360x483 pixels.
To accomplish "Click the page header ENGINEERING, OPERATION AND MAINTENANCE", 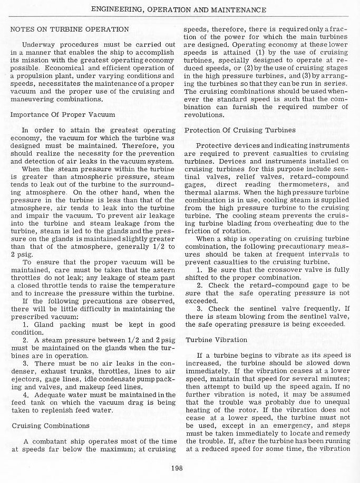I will [x=179, y=10].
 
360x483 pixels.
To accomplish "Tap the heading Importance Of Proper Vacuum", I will [x=62, y=114].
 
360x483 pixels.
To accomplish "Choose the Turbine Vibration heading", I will [x=215, y=340].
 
